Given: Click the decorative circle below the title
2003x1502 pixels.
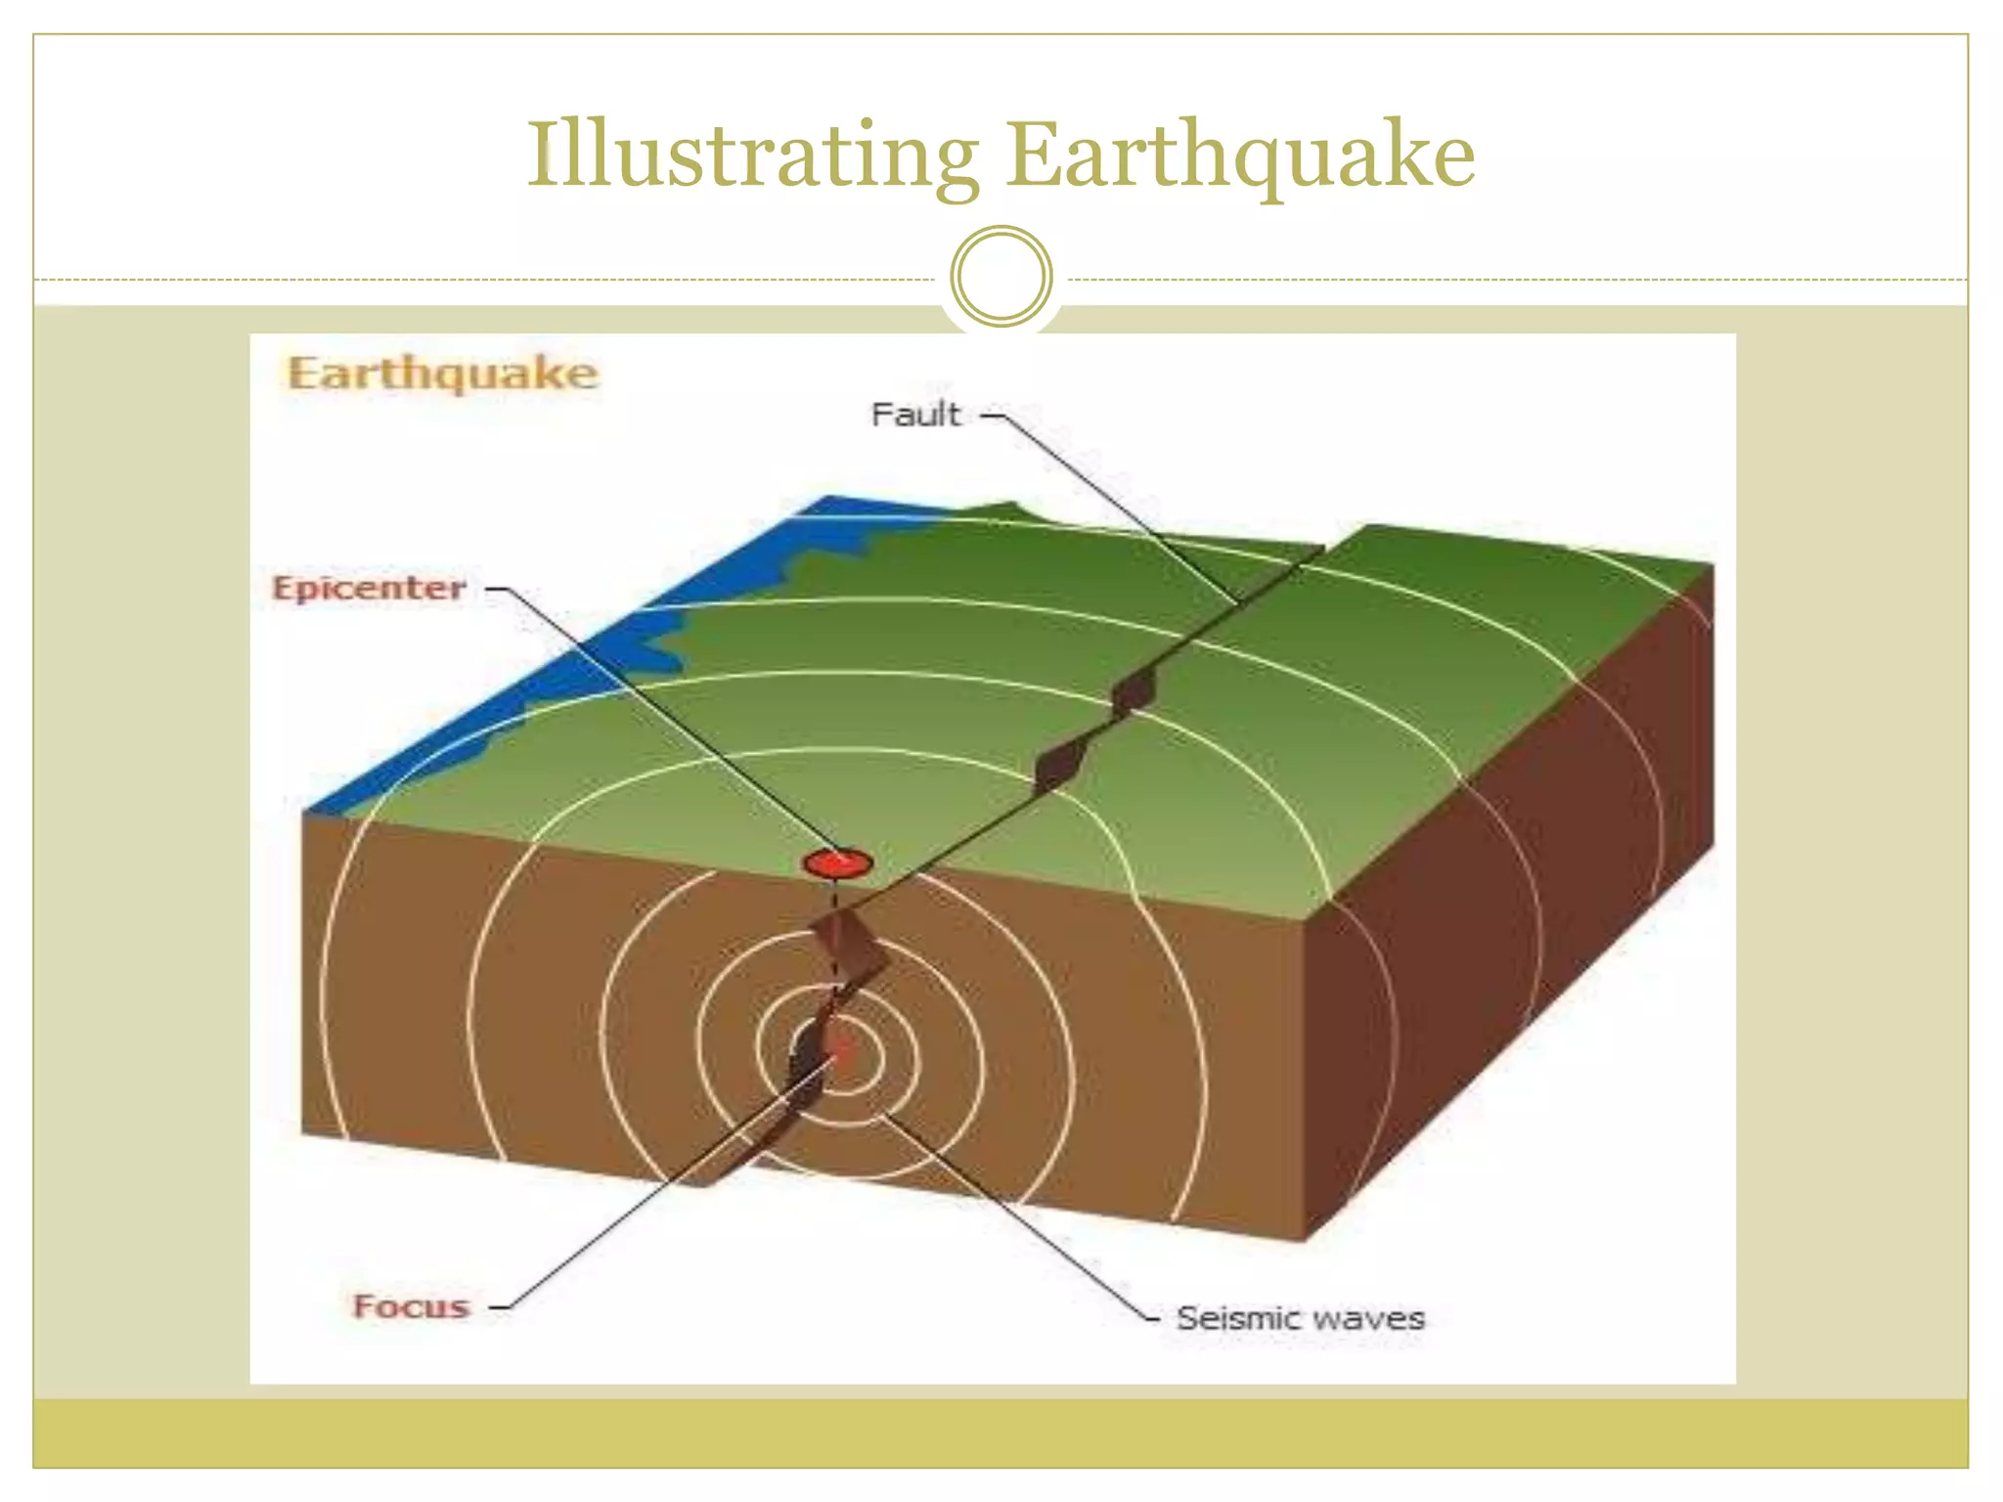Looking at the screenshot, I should pyautogui.click(x=1001, y=276).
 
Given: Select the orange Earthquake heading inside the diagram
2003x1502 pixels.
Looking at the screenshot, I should pyautogui.click(x=442, y=375).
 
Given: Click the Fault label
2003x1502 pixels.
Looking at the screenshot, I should pyautogui.click(x=915, y=415).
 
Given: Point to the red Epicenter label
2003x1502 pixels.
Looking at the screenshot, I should pyautogui.click(x=369, y=589).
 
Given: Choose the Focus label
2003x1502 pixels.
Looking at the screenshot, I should pyautogui.click(x=411, y=1306).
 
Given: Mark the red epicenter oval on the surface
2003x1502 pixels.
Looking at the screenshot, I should pyautogui.click(x=837, y=863).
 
